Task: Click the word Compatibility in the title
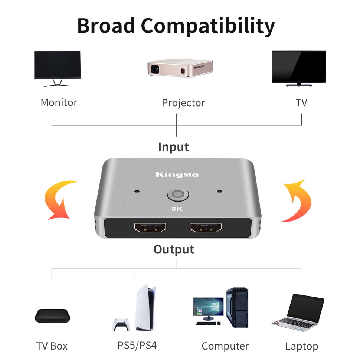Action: (208, 26)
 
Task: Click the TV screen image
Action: (298, 67)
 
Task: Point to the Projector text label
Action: (183, 103)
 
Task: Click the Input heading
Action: (173, 147)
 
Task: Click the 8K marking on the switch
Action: (177, 209)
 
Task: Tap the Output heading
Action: (174, 249)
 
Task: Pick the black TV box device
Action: (52, 315)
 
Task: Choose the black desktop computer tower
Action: (236, 307)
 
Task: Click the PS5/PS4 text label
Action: (137, 346)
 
